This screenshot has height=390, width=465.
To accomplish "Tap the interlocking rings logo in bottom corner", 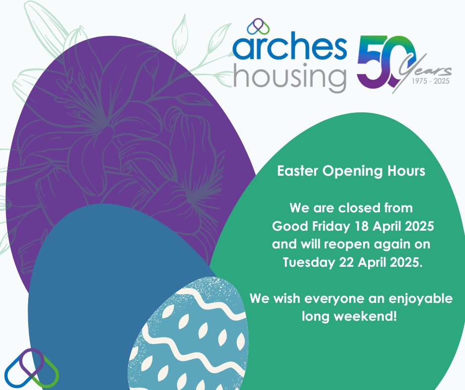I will [31, 367].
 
